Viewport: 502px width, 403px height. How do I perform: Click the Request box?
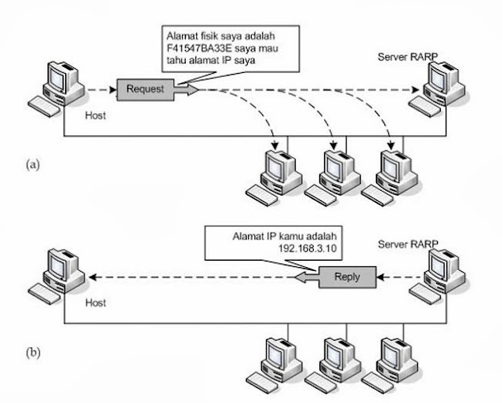[x=145, y=90]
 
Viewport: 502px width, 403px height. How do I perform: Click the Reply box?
[x=346, y=276]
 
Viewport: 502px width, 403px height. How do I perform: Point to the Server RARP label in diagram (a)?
[x=408, y=58]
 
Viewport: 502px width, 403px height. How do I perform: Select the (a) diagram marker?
[x=34, y=164]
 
